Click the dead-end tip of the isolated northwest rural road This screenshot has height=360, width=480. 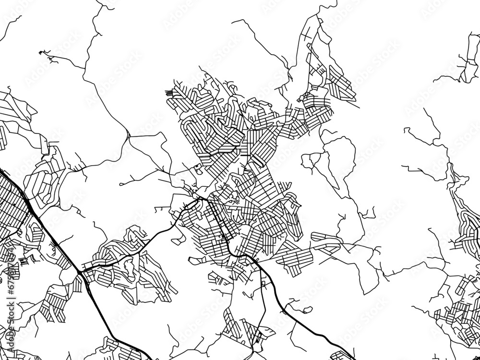coord(40,51)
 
